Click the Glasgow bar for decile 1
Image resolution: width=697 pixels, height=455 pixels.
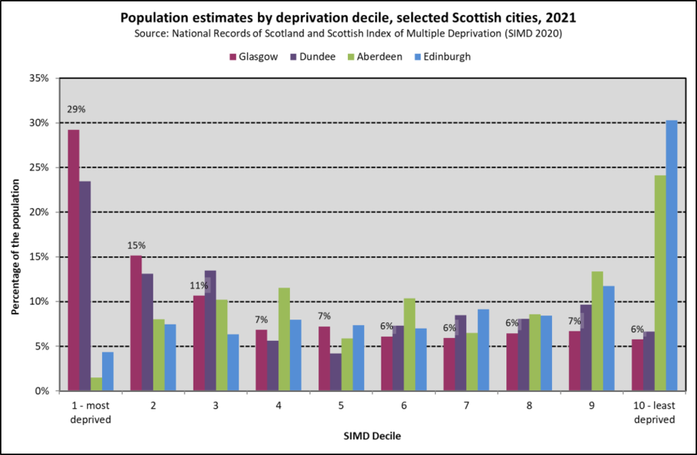coord(74,260)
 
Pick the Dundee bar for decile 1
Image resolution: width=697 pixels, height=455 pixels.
coord(85,286)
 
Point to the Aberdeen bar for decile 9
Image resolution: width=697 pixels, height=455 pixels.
coord(597,331)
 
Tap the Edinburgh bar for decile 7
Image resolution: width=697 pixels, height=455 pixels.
coord(483,350)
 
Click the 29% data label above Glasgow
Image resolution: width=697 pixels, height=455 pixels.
coord(76,110)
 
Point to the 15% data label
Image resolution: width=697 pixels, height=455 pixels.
coord(136,245)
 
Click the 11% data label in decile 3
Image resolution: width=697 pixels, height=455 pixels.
coord(199,286)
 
